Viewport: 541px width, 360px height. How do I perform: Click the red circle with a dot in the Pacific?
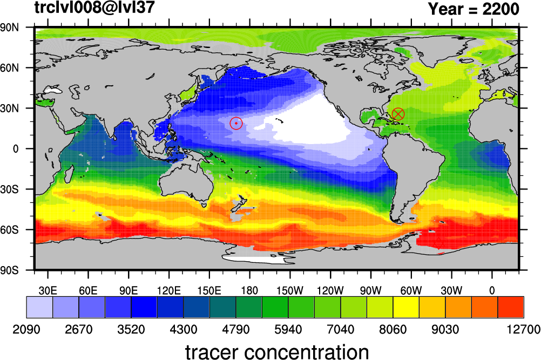(236, 123)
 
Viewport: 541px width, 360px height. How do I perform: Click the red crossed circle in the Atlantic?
(398, 114)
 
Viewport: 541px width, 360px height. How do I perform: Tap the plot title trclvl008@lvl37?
(94, 7)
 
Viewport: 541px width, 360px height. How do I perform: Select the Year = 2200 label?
(474, 9)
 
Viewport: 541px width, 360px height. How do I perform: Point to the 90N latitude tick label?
(9, 28)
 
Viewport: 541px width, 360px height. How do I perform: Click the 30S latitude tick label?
(9, 189)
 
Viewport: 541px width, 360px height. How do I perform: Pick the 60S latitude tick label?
(9, 230)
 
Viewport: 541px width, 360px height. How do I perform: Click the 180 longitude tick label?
(249, 290)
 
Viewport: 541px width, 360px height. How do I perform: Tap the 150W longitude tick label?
(290, 290)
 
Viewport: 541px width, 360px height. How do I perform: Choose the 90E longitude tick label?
(129, 290)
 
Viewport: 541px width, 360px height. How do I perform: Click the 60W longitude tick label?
(411, 290)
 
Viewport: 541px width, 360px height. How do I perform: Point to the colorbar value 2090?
(26, 330)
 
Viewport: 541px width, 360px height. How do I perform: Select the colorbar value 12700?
(523, 330)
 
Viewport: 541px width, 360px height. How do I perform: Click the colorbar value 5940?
(288, 330)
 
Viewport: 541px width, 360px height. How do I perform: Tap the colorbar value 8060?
(393, 330)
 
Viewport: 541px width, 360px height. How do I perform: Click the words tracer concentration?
(277, 352)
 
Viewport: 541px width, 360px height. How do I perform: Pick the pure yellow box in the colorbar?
(406, 307)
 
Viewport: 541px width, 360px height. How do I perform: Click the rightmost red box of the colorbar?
(511, 307)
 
